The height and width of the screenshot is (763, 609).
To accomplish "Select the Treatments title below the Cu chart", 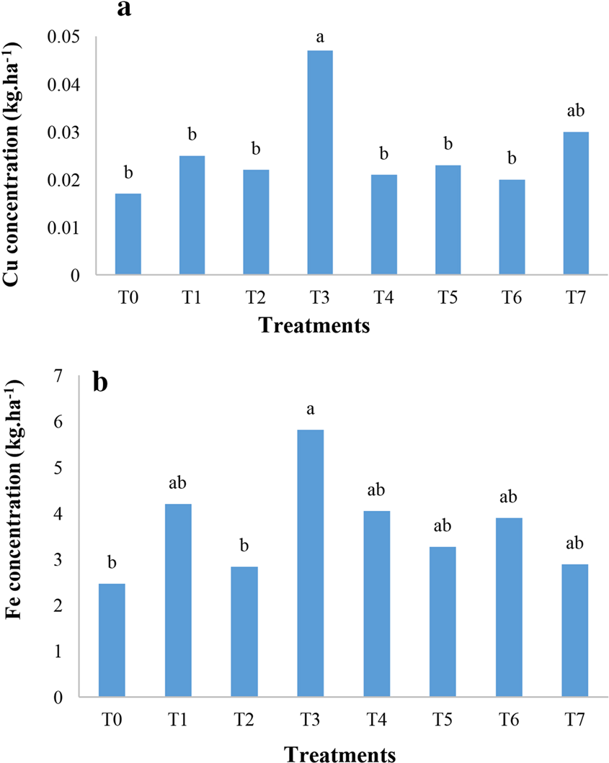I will click(x=315, y=325).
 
